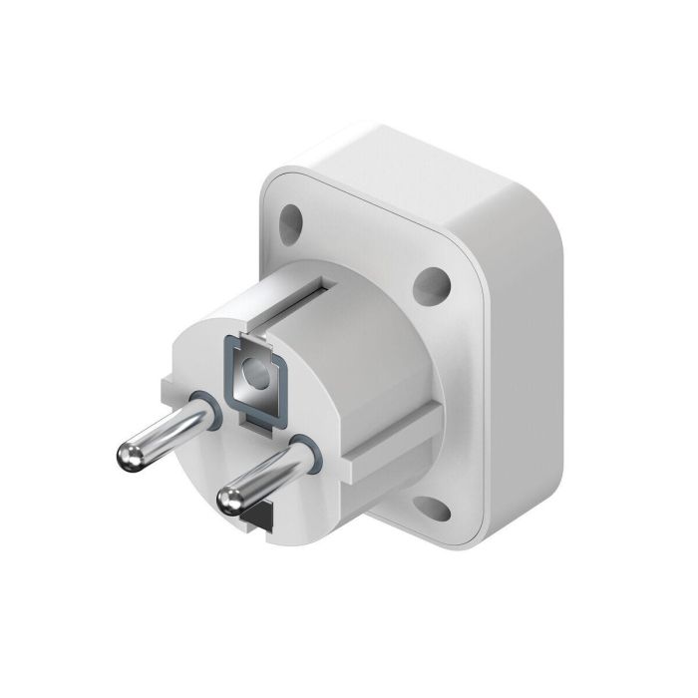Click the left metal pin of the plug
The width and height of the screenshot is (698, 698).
[165, 429]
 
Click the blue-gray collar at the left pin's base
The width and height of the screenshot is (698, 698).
[203, 405]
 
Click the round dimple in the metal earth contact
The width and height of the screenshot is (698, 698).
[256, 375]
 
